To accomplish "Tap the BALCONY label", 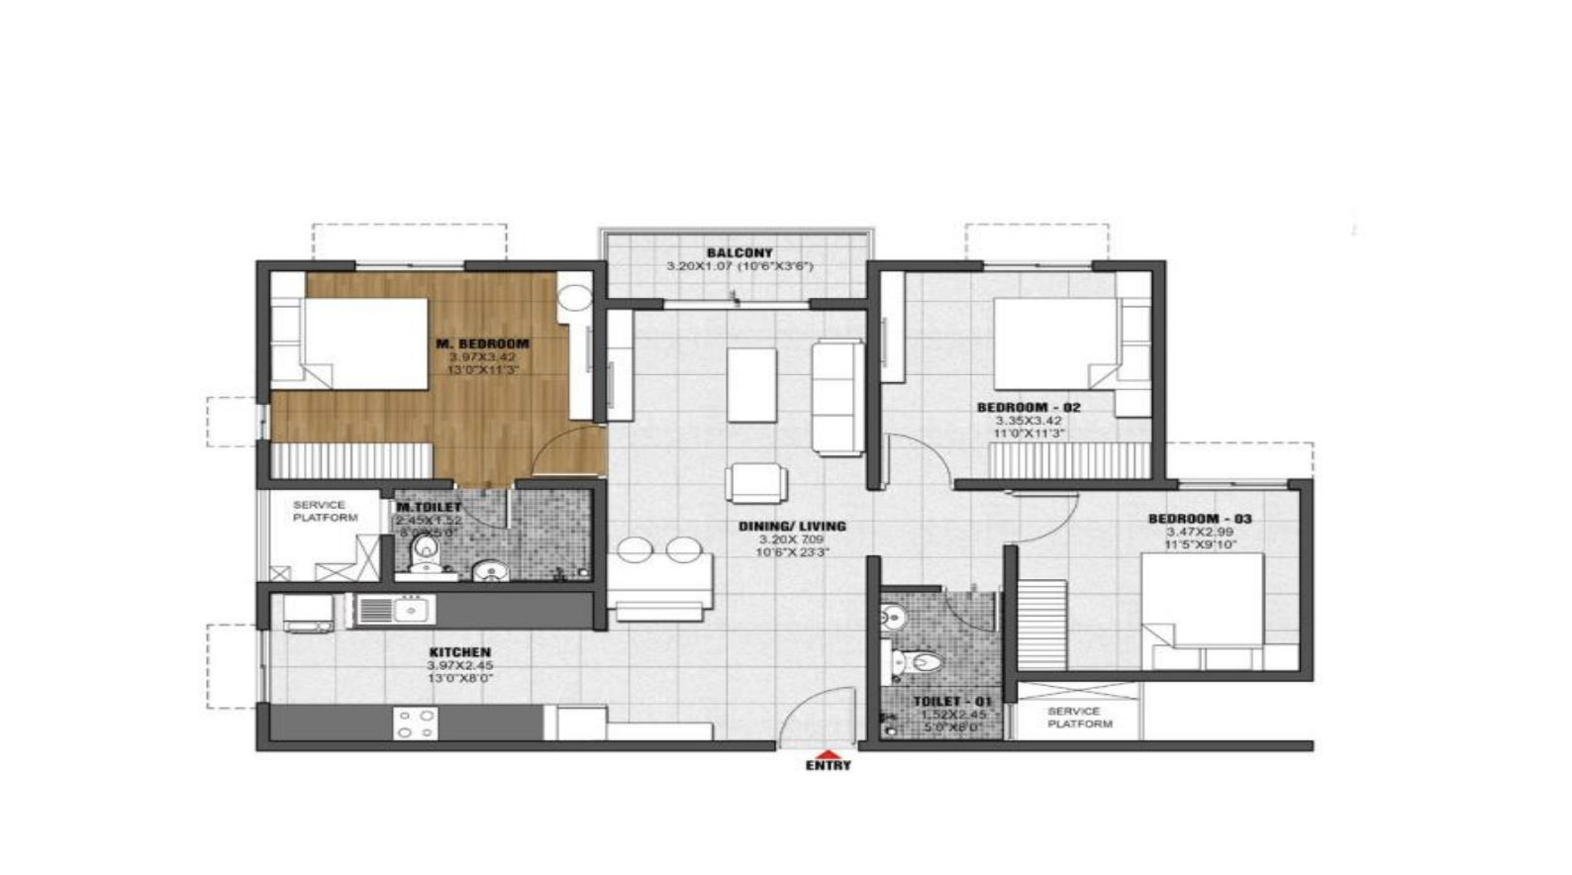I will coord(739,253).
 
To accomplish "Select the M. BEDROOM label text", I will coord(483,343).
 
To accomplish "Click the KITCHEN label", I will coord(459,652).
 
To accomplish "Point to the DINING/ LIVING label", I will coord(792,527).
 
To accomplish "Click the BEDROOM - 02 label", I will coord(1029,407).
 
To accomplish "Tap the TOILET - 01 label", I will coord(944,701).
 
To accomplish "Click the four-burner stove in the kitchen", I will coord(415,724).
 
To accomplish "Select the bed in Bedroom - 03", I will coord(1202,600).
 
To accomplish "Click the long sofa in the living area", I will coord(836,396).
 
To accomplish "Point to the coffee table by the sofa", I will coord(752,384).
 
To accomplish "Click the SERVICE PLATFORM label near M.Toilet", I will coord(325,511).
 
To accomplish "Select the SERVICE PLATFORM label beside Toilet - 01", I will coord(1079,718).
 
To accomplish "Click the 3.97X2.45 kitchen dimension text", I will coord(459,665).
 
